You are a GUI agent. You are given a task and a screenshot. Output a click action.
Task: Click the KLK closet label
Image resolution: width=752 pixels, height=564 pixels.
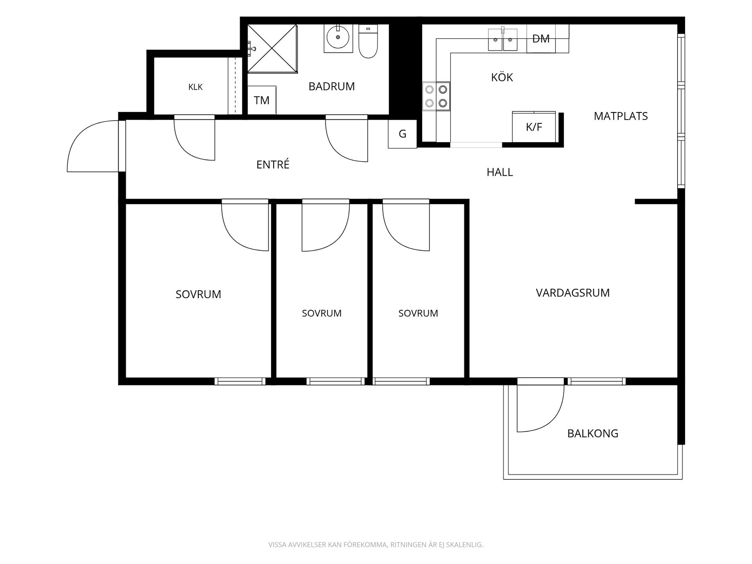coord(195,87)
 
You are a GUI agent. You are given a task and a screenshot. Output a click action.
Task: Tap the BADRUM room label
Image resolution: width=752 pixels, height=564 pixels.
coord(331,86)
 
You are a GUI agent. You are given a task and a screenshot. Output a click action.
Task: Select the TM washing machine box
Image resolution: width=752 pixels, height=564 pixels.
coord(262,100)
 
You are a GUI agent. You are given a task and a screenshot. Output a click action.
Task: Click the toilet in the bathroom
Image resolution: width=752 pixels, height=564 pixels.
coord(368,41)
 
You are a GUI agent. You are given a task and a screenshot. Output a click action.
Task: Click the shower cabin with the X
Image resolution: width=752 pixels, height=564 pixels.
coord(272,49)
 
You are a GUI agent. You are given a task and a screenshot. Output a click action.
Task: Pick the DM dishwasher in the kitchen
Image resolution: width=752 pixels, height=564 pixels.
coord(541,38)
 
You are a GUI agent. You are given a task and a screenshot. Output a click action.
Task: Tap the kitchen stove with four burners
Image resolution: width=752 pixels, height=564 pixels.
coord(436,96)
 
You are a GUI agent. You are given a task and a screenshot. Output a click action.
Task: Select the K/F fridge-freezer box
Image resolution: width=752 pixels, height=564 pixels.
coord(534,127)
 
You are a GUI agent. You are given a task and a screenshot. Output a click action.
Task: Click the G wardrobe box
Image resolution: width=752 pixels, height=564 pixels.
coord(402,134)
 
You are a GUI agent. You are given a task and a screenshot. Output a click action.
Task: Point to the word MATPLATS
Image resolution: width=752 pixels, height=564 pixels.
coord(621,116)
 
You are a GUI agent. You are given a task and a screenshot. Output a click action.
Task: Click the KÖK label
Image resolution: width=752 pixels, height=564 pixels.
coord(502,77)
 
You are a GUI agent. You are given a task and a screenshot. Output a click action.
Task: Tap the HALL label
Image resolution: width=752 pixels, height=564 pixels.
coord(500,172)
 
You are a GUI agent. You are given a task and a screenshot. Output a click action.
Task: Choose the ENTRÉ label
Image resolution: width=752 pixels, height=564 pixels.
coord(273,164)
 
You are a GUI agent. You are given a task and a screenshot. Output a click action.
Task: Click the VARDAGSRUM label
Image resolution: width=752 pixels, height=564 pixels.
coord(573,293)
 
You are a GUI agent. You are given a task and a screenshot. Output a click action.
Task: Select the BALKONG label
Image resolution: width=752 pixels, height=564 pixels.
coord(593,433)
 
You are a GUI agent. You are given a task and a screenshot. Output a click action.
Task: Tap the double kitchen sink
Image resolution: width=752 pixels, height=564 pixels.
coord(503,39)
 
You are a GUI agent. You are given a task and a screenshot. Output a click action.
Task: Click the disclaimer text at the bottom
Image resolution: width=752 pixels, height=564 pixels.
coord(376,544)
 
